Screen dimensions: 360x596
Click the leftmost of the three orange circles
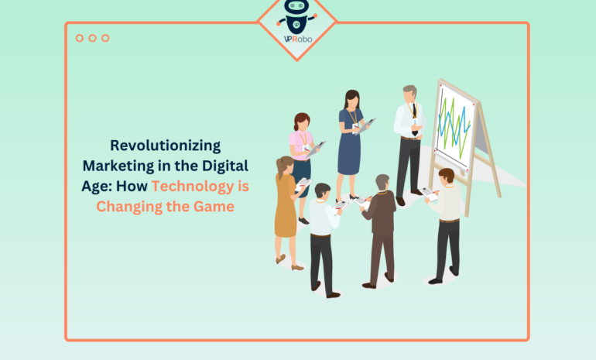80,38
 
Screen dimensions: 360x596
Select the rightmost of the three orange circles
105,38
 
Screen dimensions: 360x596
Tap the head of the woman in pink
302,122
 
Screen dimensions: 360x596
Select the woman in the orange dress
285,205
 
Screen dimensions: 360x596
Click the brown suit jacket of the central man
381,213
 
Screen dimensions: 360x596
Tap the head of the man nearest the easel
446,177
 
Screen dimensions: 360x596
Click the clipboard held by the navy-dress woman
365,124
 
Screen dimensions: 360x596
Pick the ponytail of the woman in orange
280,167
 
